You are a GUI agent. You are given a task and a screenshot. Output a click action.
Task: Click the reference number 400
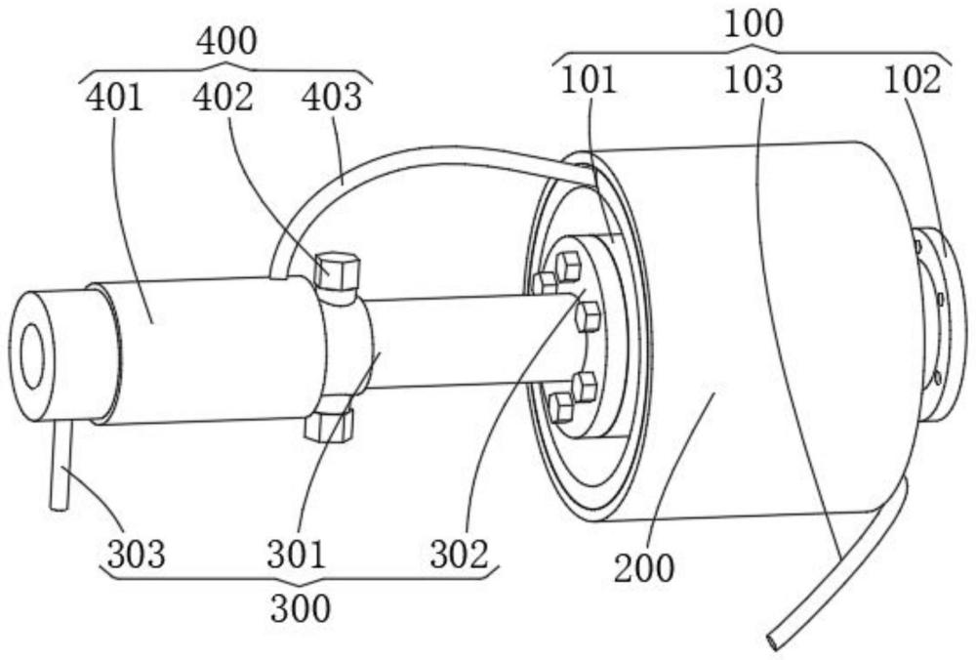coord(226,41)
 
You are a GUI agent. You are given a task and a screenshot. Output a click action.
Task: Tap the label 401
coord(114,97)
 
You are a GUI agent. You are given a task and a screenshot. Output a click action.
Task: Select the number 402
coord(223,97)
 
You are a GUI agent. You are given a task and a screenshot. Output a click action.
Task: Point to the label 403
coord(331,97)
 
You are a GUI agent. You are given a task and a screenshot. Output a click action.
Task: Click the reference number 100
coord(753,23)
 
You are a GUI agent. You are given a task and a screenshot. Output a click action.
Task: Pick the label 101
coord(589,80)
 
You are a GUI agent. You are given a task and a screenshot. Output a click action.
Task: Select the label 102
coord(913,80)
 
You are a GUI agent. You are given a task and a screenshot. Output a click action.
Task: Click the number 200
coord(644,568)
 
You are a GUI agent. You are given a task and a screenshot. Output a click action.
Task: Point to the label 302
coord(460,555)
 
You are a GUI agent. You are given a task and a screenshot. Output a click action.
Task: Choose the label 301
coord(297,555)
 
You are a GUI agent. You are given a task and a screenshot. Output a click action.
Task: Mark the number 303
coord(136,555)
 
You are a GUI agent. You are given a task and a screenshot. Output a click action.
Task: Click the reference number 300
coord(300,607)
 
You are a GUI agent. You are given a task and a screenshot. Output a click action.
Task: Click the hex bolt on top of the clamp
coord(338,270)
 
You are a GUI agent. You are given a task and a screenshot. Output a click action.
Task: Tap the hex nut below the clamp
coord(329,426)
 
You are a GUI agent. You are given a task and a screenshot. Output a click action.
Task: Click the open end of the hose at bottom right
coord(774,640)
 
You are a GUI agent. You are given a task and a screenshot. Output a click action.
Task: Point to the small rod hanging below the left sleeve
coord(60,466)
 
